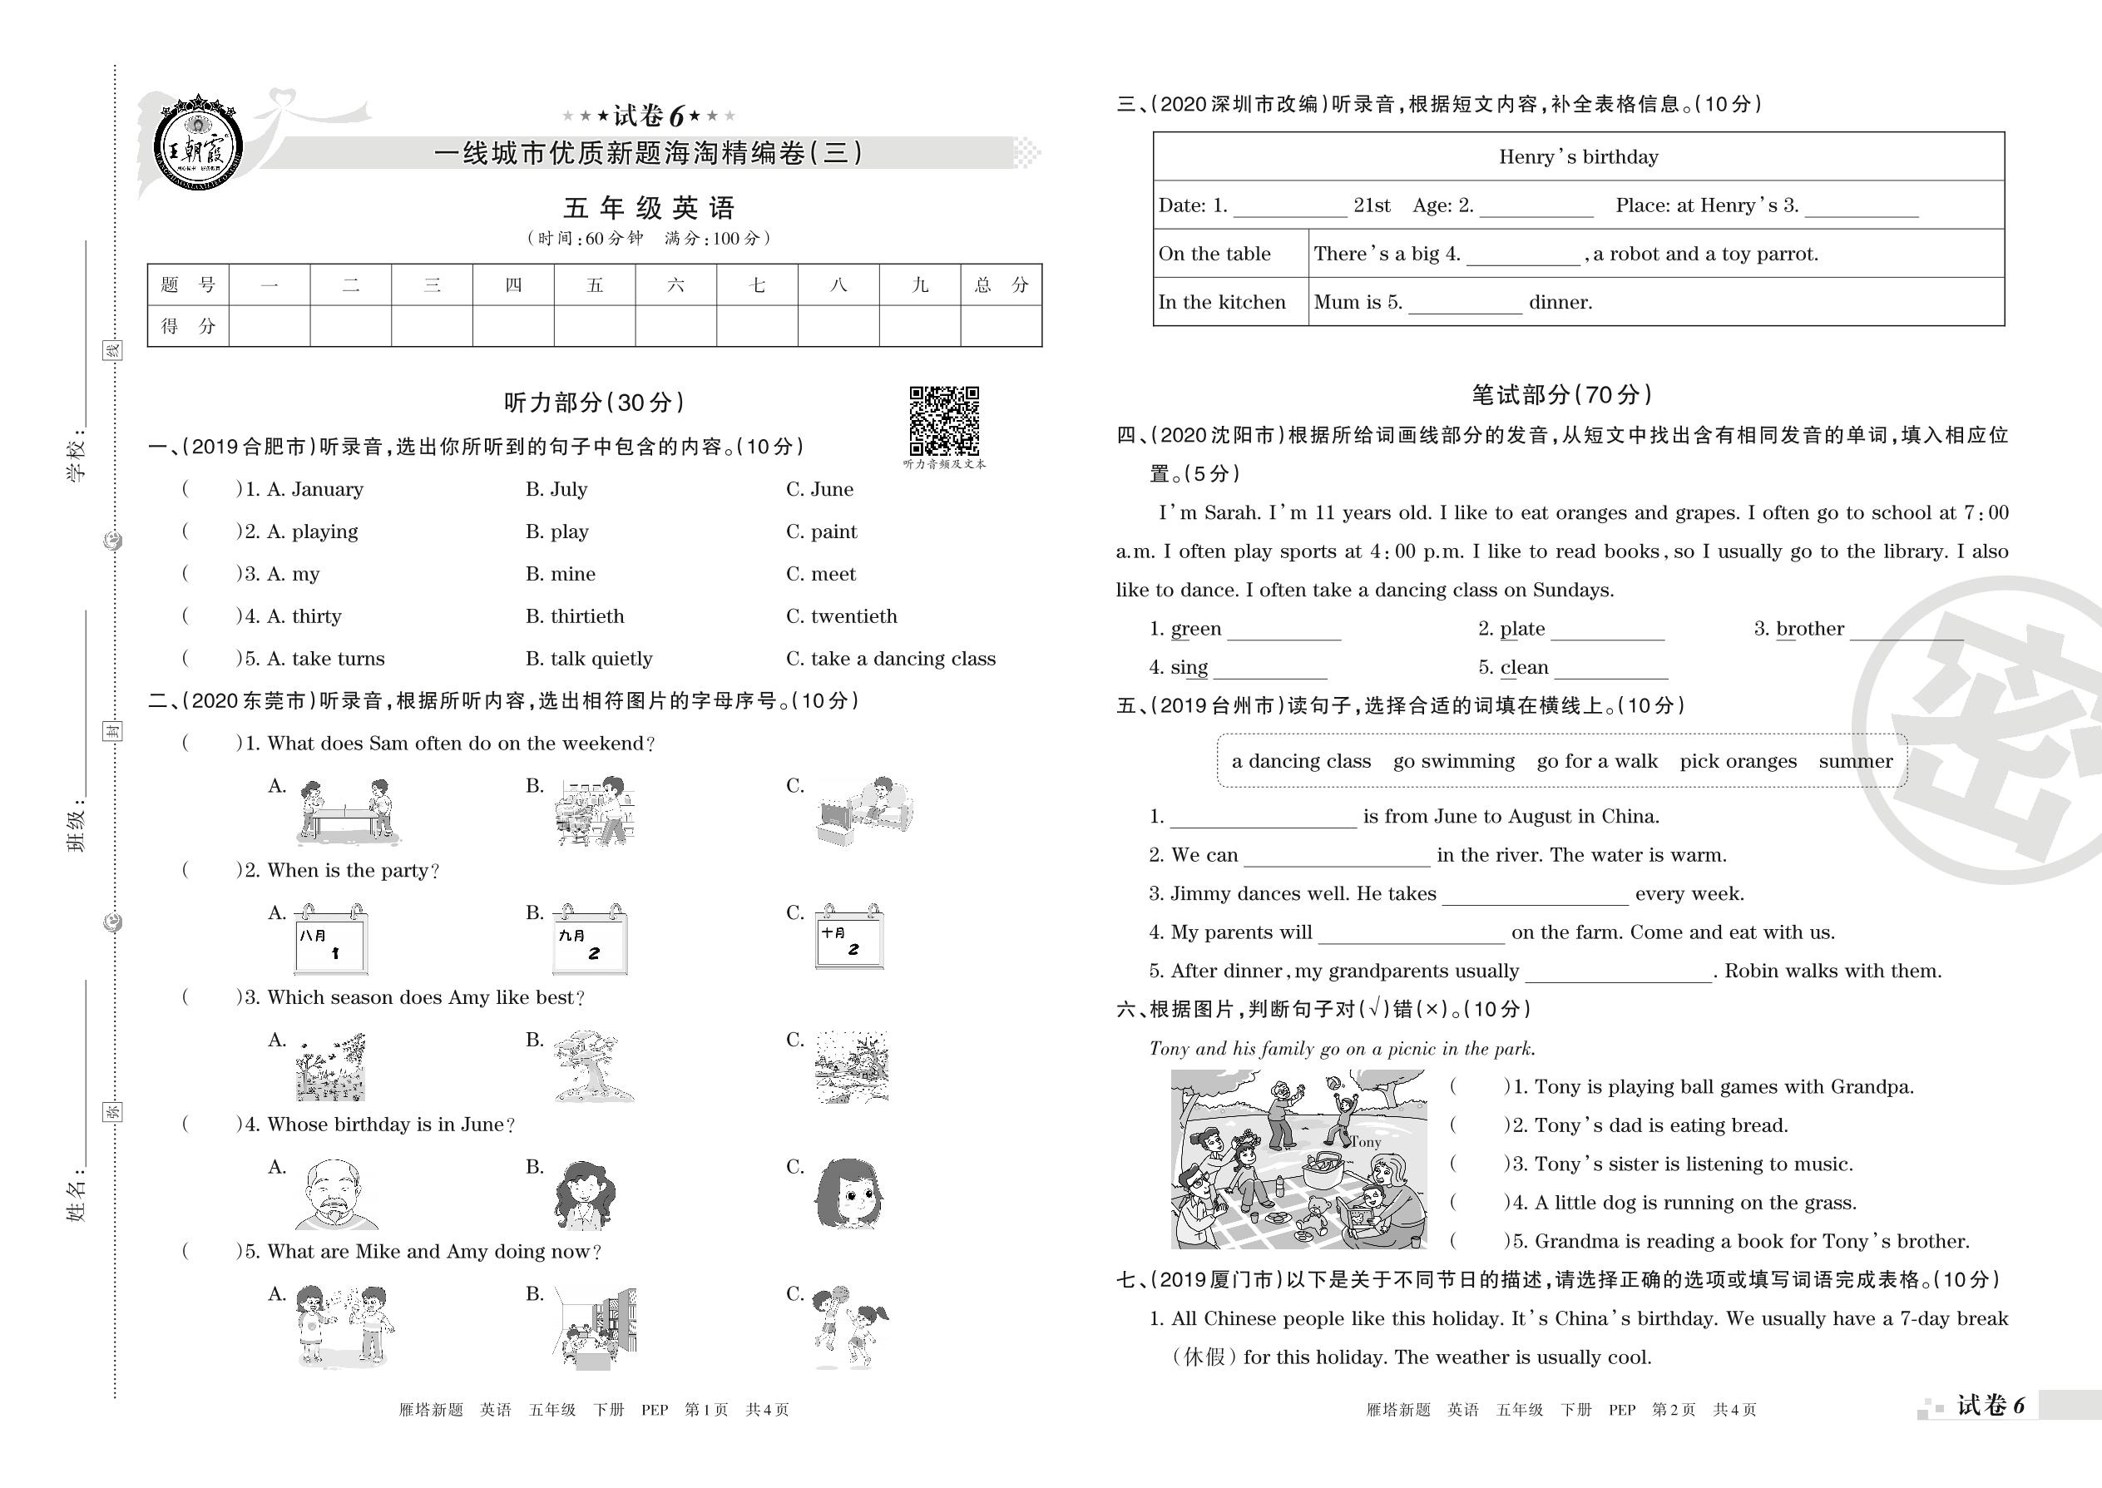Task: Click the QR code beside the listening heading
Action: tap(944, 421)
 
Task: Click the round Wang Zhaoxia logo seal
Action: tap(198, 145)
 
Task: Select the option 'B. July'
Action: tap(556, 489)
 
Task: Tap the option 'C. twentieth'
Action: tap(841, 616)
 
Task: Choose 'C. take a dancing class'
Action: tap(890, 659)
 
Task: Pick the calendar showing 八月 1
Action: tap(331, 940)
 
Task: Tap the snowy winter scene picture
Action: tap(851, 1067)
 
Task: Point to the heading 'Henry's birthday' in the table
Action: tap(1578, 156)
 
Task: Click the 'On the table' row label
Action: tap(1214, 254)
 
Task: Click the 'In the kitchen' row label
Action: tap(1221, 303)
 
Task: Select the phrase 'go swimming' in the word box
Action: tap(1453, 761)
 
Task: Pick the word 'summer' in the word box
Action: tap(1855, 761)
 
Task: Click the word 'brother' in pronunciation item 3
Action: tap(1810, 630)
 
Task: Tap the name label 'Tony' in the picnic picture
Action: tap(1364, 1142)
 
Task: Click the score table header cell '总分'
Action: tap(1001, 285)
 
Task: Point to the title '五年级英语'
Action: tap(649, 208)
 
